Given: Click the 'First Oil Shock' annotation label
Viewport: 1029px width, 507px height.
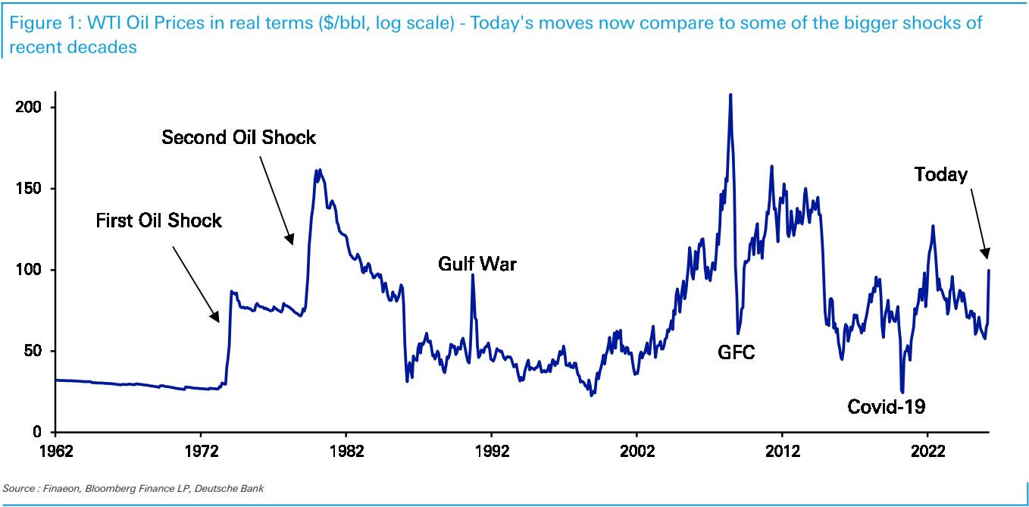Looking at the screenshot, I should (158, 221).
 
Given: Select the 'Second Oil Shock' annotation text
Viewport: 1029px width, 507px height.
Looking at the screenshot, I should (239, 137).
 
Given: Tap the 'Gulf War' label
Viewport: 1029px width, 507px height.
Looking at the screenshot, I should (477, 264).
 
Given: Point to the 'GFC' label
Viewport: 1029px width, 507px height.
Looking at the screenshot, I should (737, 352).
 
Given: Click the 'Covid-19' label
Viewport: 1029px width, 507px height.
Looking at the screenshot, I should (886, 407).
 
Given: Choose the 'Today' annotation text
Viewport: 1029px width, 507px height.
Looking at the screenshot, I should (940, 174).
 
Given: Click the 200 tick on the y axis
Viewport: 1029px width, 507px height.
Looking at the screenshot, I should (27, 108).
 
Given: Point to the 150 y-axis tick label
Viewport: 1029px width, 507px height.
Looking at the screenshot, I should (27, 189).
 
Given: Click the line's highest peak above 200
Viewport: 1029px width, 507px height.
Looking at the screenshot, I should (730, 95).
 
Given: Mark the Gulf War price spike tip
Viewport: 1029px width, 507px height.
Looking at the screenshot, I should (473, 275).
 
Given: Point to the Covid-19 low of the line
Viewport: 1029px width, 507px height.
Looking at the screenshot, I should (902, 392).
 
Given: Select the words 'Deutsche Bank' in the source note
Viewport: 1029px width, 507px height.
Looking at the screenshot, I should (229, 489).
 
